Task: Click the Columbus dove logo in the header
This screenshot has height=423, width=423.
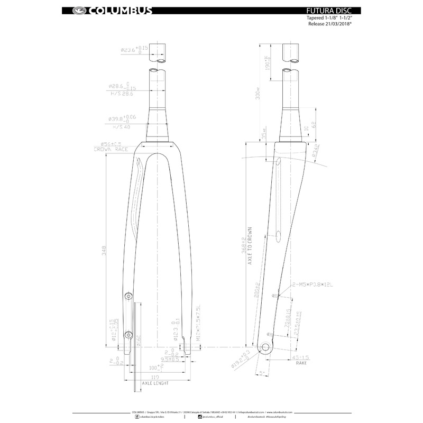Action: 80,10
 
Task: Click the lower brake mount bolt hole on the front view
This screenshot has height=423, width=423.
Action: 127,334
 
